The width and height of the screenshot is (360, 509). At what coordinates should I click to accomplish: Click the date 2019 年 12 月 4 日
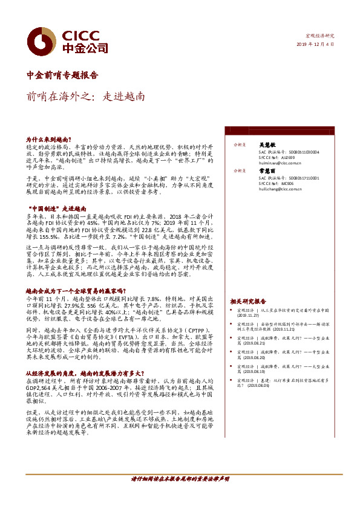point(315,44)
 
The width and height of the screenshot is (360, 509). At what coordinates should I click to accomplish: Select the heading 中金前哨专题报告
point(62,76)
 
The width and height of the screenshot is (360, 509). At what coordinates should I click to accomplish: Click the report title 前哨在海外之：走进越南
point(85,96)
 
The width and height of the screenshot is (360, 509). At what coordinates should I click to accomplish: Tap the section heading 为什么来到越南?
point(53,139)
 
